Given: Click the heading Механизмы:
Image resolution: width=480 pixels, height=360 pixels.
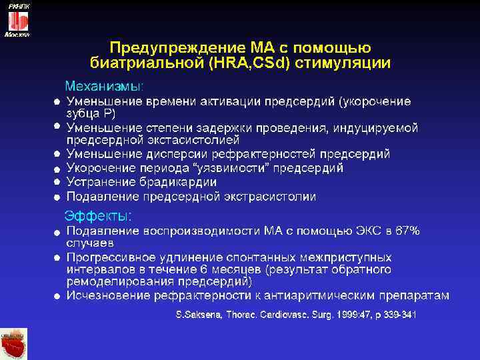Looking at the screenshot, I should (104, 86).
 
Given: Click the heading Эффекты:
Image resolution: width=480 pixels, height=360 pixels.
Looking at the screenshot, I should (98, 216).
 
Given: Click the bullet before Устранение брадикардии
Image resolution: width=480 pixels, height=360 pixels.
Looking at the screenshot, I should (57, 182).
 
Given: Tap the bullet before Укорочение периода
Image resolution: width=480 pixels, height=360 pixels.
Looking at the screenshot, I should (57, 168).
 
